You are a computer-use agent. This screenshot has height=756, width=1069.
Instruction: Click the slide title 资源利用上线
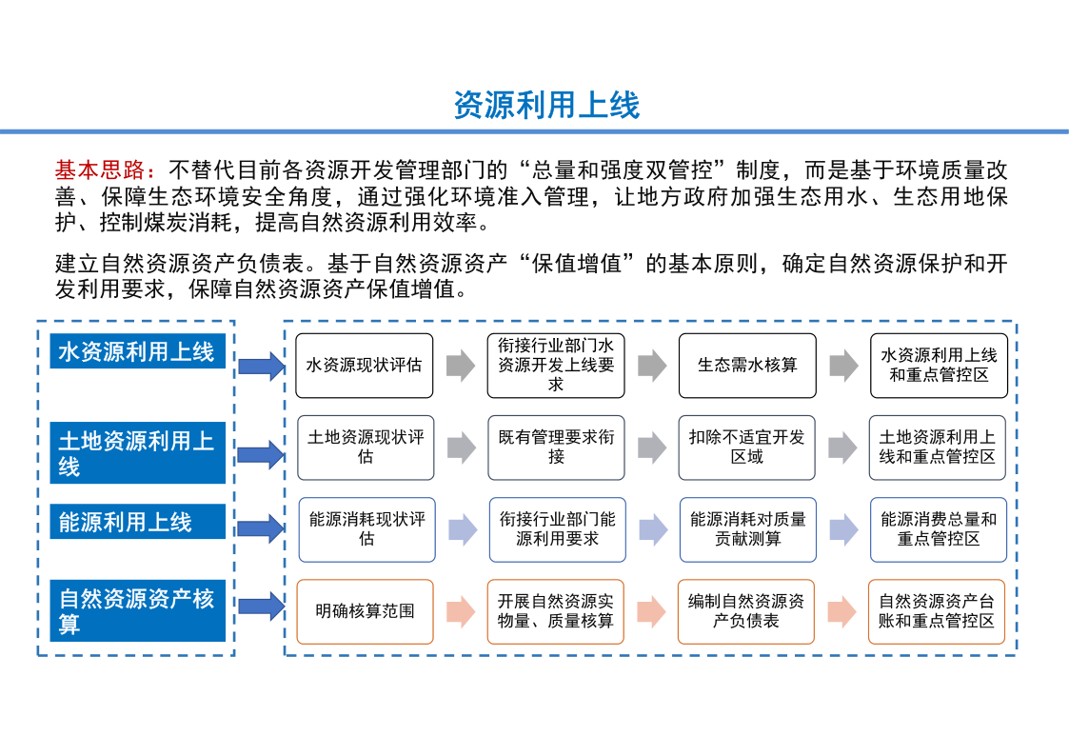(546, 105)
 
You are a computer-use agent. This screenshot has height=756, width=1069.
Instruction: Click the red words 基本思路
(100, 169)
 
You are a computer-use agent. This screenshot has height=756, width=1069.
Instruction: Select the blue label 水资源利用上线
(138, 351)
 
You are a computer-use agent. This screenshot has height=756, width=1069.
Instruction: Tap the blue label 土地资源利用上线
(138, 452)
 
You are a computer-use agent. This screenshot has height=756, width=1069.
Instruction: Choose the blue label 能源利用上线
(138, 522)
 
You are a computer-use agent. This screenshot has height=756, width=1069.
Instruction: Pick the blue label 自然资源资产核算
(138, 610)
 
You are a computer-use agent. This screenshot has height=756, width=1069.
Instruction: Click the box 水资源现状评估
(364, 366)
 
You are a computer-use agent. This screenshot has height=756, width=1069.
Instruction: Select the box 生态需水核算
(747, 366)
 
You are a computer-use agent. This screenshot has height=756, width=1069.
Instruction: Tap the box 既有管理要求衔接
(556, 448)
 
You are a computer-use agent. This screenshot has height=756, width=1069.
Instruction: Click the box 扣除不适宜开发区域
(746, 448)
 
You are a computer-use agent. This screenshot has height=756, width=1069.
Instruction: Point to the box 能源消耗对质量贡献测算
(748, 529)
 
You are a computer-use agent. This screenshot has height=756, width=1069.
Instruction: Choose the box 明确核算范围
(365, 611)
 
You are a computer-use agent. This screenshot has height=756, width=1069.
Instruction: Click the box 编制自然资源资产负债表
(746, 611)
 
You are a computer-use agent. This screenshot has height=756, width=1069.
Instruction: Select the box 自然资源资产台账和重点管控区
(937, 611)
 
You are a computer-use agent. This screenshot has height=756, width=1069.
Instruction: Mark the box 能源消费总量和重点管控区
(938, 529)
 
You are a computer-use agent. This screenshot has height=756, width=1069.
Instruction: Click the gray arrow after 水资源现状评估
(461, 366)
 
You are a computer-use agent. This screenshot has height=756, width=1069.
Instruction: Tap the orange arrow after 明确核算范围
(461, 611)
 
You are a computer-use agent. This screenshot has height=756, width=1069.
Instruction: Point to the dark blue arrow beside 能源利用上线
(262, 528)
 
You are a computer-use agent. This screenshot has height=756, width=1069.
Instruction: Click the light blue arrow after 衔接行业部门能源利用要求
(653, 529)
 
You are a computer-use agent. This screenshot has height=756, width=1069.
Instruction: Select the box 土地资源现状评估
(366, 448)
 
